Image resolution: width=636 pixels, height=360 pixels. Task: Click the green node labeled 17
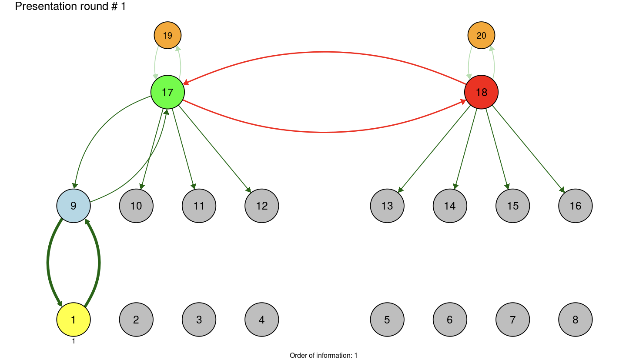pos(167,92)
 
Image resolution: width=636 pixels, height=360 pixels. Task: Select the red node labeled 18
pos(481,92)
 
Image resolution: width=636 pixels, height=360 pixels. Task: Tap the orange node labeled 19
pos(167,35)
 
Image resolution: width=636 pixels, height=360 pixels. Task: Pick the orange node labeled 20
pos(481,35)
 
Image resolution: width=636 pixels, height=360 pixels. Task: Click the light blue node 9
pos(74,206)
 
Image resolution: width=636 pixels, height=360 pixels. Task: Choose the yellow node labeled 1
pos(74,320)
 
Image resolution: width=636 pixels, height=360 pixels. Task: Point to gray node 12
pos(261,206)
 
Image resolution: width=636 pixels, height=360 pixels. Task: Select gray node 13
pos(387,206)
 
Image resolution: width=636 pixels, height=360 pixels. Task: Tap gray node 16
pos(575,206)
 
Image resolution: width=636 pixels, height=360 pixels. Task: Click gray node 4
pos(261,320)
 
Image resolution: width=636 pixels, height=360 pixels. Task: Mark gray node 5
pos(387,320)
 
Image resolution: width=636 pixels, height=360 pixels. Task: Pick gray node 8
pos(575,320)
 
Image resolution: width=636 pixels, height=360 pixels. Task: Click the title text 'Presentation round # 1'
pos(70,7)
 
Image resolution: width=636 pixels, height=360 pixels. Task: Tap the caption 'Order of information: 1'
pos(323,356)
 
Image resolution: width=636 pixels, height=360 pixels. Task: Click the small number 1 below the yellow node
pos(74,341)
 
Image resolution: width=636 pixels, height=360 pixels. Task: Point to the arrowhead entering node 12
pos(248,190)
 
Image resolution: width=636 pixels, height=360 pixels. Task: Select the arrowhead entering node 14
pos(455,187)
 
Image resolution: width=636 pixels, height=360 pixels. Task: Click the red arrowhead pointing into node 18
pos(463,102)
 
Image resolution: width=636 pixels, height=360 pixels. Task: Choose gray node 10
pos(136,206)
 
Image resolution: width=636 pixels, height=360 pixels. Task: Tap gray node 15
pos(512,206)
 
